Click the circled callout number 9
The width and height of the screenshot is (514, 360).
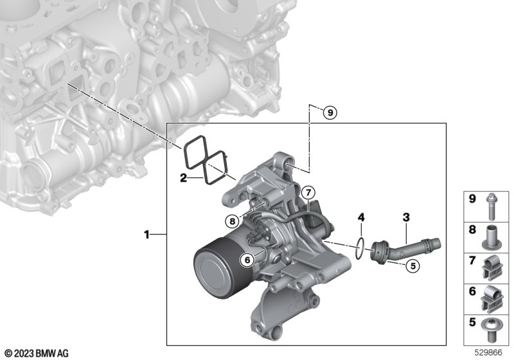tap(330, 113)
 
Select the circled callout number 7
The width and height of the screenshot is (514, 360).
tap(308, 192)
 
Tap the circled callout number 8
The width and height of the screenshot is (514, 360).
tap(233, 221)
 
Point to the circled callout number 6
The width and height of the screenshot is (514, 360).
tap(247, 260)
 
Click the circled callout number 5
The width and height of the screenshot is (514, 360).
tap(412, 265)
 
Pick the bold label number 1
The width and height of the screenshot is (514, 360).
tap(147, 235)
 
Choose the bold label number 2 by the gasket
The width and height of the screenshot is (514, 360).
tap(183, 178)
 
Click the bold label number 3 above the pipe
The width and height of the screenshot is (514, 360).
tap(406, 217)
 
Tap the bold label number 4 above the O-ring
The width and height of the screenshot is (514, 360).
tap(361, 217)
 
